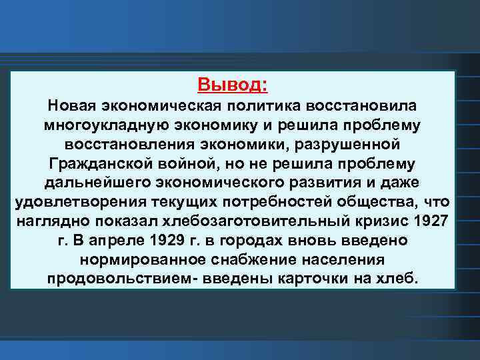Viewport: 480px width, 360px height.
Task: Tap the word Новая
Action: pyautogui.click(x=71, y=107)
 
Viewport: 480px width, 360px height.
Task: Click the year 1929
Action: pyautogui.click(x=161, y=239)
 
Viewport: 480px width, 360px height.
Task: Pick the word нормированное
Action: pyautogui.click(x=133, y=259)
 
